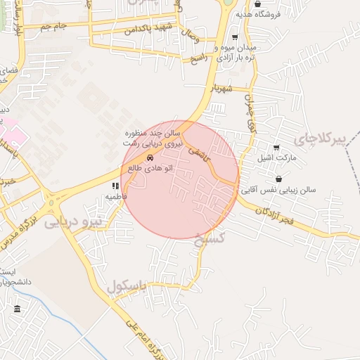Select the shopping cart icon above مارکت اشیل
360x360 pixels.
tap(276, 148)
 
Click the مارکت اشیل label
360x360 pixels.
tap(276, 157)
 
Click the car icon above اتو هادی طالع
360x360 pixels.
tap(150, 157)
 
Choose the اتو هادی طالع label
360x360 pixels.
tap(150, 167)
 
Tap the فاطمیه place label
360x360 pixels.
tap(116, 196)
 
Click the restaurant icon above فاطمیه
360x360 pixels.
tap(115, 186)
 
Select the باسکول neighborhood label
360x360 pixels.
tap(127, 286)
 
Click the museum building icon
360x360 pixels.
tap(17, 309)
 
